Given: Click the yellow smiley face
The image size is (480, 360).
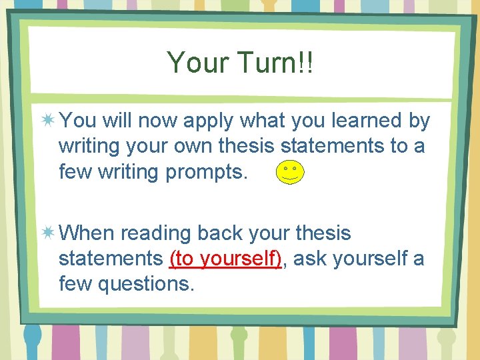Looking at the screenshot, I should [291, 173].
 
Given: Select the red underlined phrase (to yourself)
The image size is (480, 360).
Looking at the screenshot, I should [226, 259].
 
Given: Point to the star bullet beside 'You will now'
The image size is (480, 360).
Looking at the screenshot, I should [48, 121].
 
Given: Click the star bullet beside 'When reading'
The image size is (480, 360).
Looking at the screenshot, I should [48, 233].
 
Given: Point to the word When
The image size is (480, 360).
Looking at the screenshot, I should [87, 233].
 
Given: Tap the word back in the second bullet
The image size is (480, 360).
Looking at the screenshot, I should [219, 233].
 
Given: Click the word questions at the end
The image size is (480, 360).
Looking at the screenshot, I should [146, 285].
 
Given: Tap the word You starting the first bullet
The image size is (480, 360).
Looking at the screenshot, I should [77, 121].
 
